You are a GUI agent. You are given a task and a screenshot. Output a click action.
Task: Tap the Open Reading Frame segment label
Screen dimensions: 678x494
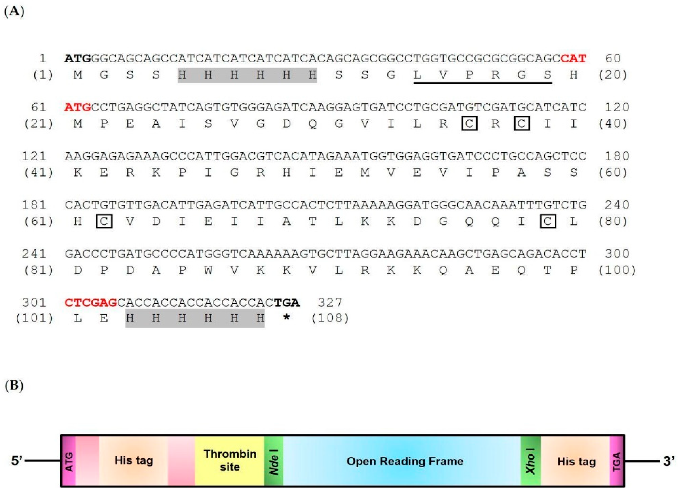tap(405, 461)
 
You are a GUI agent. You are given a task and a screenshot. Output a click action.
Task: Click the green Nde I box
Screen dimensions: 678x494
tap(273, 461)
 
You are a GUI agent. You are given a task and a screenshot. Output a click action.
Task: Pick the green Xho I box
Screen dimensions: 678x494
tap(531, 461)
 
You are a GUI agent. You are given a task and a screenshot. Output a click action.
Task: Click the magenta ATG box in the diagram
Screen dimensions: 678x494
tap(68, 461)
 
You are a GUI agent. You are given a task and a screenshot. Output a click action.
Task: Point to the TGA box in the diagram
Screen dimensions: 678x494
tap(617, 461)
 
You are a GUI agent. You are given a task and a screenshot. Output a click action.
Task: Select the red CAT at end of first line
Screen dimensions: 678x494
tap(573, 58)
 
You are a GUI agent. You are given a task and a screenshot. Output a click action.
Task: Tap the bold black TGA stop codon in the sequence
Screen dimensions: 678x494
tap(287, 303)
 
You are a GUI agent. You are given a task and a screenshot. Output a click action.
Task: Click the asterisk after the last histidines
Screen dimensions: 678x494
tap(286, 318)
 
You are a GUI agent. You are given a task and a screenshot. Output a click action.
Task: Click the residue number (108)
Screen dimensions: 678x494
tap(330, 318)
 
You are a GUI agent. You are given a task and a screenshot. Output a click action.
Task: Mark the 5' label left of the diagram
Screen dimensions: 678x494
tap(17, 461)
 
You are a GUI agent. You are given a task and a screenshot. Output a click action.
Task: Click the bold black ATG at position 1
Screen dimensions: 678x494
tap(78, 58)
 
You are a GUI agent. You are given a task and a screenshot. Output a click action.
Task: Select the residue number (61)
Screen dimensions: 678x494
tap(39, 221)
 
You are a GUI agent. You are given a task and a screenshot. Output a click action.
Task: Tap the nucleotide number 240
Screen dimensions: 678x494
tap(617, 205)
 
